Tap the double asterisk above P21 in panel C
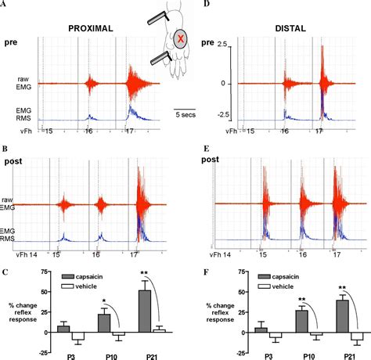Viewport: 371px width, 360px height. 144,275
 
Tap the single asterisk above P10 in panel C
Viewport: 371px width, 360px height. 103,300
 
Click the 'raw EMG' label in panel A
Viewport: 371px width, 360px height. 26,84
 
